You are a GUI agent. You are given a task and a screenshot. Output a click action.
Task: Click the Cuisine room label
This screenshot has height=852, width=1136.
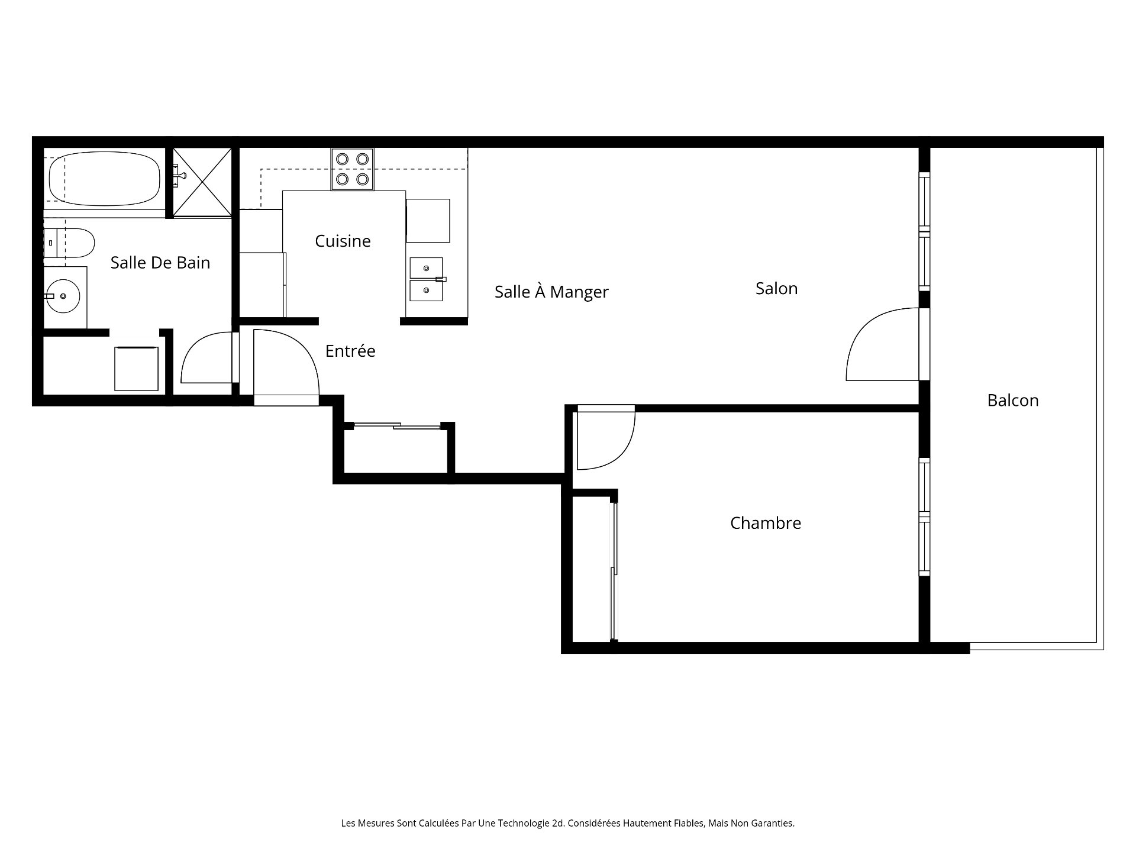343,241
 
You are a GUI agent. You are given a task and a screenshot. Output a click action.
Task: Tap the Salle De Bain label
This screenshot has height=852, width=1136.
160,263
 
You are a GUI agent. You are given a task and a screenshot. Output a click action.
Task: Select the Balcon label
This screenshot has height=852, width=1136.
1012,401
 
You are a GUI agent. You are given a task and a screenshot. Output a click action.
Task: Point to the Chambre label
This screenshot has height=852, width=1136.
765,523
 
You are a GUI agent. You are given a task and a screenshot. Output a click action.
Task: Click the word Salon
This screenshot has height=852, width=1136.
776,289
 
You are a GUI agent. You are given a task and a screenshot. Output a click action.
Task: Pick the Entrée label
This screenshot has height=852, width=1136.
350,351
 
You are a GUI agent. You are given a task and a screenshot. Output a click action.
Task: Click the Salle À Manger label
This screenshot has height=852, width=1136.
551,292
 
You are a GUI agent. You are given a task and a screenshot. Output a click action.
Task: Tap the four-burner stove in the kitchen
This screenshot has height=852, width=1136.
352,169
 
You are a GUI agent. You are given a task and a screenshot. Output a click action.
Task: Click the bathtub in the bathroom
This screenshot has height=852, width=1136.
104,178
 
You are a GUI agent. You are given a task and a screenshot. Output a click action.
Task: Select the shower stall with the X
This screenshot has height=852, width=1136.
202,182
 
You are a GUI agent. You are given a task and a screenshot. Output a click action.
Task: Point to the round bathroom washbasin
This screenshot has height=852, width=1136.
63,296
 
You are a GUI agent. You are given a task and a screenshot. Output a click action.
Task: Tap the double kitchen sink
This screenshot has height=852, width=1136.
426,279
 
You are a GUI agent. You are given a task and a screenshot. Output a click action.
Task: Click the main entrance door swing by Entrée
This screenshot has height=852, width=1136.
284,364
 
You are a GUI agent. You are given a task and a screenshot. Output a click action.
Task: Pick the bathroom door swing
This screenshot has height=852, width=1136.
207,359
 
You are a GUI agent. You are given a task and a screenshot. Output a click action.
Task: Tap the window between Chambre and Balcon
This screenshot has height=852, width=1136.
924,517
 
